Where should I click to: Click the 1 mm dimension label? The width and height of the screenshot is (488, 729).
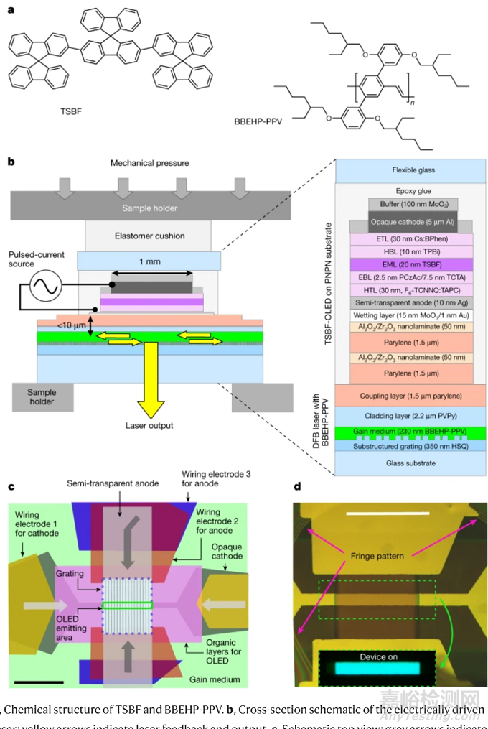point(149,261)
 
